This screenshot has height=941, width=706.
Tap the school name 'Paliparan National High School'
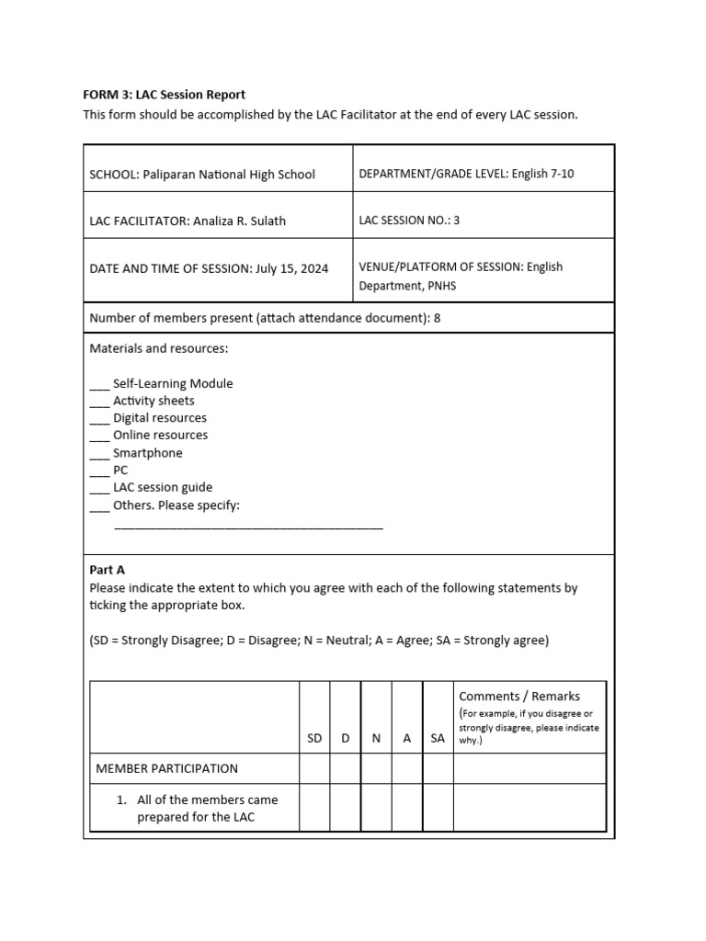(x=228, y=174)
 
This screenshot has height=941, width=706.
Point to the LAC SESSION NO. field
(x=409, y=221)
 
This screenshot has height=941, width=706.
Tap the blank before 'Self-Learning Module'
(x=99, y=384)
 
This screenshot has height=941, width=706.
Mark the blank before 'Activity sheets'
(x=99, y=402)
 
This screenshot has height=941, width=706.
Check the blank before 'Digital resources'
(x=99, y=419)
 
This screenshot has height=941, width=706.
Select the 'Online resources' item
(x=160, y=436)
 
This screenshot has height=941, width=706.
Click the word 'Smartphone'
(x=147, y=453)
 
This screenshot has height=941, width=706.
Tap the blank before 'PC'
(x=99, y=470)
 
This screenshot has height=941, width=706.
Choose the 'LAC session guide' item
(x=162, y=488)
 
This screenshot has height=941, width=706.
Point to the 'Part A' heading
(x=107, y=570)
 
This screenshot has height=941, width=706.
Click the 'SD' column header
(x=314, y=738)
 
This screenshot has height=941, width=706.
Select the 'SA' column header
(x=438, y=738)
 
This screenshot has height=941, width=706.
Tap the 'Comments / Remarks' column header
(x=519, y=697)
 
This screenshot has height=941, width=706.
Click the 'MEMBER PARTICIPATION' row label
(x=166, y=768)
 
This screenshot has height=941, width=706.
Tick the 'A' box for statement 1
(x=407, y=808)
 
